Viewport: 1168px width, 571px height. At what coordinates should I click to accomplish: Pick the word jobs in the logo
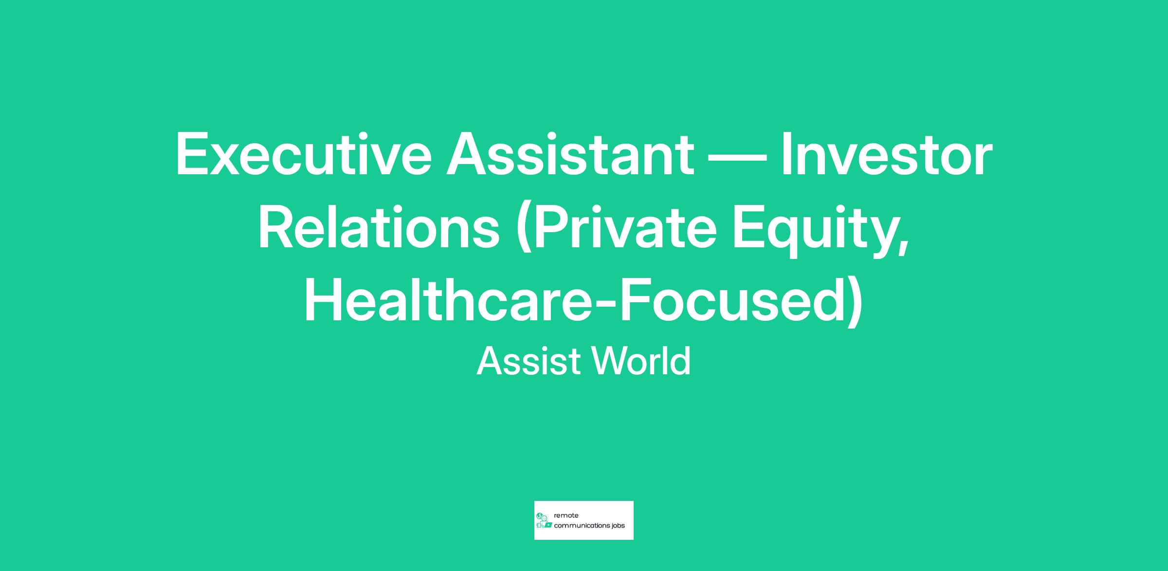pos(619,526)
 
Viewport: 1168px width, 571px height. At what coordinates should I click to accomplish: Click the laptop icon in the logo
pos(548,525)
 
